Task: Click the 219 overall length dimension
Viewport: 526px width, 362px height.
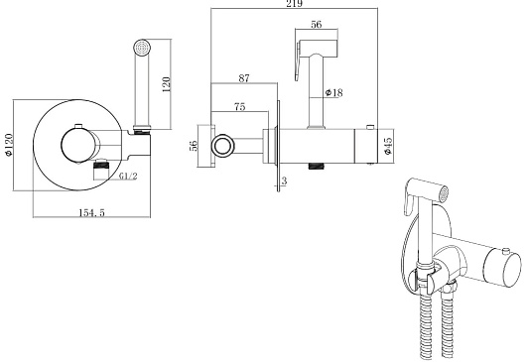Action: [x=294, y=4]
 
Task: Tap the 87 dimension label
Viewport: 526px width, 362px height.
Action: [x=244, y=78]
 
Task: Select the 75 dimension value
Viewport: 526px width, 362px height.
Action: [x=240, y=106]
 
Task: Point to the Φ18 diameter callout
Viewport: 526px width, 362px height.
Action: [x=334, y=92]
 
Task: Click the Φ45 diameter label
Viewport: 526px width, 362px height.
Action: [x=388, y=146]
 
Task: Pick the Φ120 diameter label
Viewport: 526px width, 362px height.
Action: [x=8, y=145]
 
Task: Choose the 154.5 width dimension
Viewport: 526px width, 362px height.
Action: [x=91, y=212]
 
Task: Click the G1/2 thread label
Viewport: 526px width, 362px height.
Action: [x=128, y=176]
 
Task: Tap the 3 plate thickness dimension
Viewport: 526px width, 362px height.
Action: [x=284, y=181]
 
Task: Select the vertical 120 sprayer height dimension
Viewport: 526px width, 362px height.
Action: [x=167, y=84]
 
